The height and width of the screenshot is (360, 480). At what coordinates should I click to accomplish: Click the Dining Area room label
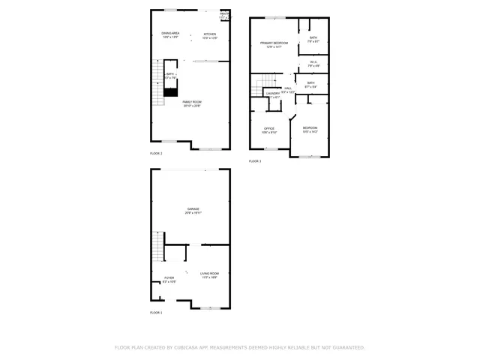tap(170, 34)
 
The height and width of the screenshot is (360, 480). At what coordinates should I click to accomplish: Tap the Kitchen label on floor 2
tap(209, 34)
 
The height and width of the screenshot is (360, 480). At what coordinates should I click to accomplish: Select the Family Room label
tap(192, 102)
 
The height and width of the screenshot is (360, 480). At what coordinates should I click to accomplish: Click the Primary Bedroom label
tap(274, 43)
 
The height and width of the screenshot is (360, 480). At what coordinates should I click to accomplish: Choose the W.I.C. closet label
tap(313, 62)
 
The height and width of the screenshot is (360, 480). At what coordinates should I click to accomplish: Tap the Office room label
tap(269, 128)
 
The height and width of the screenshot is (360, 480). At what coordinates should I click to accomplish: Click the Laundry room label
tap(272, 93)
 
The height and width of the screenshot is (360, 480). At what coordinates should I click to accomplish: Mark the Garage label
tap(193, 209)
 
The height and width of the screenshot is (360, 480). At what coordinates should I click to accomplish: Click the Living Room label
tap(209, 274)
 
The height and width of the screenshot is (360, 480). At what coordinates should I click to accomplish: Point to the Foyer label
tap(169, 278)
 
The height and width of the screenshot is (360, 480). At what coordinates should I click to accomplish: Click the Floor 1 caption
tap(156, 312)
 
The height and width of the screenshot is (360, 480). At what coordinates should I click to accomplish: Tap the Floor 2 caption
tap(156, 153)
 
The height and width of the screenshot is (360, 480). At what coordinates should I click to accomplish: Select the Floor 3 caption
tap(255, 161)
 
